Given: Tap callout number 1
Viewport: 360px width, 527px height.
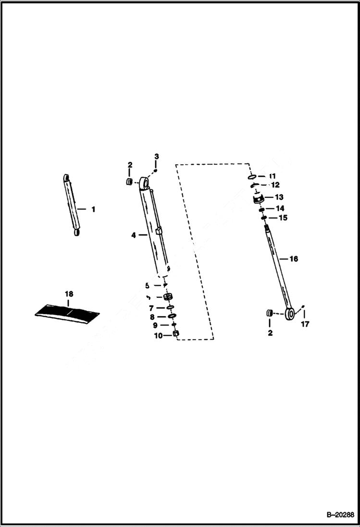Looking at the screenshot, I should pos(93,209).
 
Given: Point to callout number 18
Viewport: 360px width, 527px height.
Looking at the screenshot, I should pos(69,293).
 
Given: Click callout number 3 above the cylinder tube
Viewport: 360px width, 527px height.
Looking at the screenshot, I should pos(156,157).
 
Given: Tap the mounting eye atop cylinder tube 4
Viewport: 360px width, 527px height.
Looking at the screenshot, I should pos(144,182).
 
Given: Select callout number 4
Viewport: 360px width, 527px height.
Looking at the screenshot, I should pos(134,235).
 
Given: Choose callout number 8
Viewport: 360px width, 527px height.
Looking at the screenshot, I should pos(152,317).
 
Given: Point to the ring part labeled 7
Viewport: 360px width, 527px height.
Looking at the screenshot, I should pos(170,307).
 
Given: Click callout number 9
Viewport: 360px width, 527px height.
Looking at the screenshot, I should pos(155,326).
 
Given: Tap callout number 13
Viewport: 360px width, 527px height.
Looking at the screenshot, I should pos(279,197).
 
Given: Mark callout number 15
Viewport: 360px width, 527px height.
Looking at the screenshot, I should pos(283,218).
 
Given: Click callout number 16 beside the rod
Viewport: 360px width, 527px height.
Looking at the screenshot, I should pos(293,259).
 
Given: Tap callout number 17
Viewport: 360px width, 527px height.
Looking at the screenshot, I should pos(305,324).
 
